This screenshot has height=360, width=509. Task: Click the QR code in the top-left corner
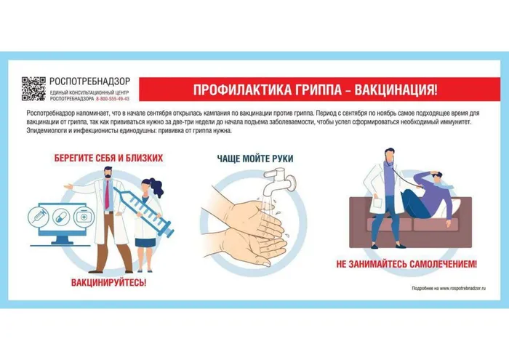[33, 89]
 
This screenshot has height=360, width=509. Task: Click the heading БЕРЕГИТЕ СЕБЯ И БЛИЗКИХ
[108, 158]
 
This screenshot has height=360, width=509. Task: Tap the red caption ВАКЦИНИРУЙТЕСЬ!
[108, 281]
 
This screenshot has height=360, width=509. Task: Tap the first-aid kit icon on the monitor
[84, 217]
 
